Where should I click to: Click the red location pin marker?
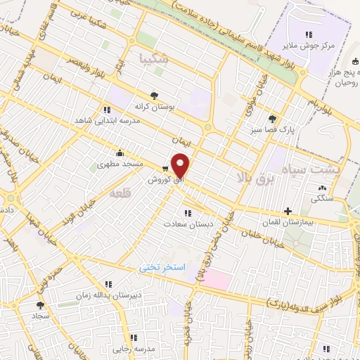(181, 165)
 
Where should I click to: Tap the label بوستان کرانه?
(154, 106)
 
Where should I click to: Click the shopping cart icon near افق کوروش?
(165, 168)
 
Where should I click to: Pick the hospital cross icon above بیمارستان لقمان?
(288, 211)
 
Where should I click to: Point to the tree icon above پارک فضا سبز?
(272, 118)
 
